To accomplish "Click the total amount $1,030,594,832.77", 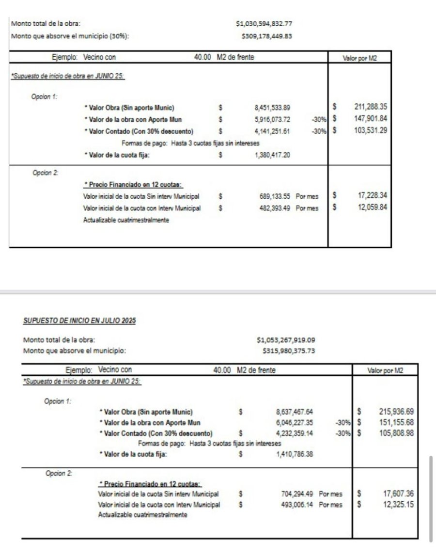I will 264,23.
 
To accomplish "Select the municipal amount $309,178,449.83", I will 267,36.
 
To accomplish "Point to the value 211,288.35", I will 371,107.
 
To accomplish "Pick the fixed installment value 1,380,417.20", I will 273,155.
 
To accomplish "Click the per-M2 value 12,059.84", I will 372,207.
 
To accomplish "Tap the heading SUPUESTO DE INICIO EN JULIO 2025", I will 79,321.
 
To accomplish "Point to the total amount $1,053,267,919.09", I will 286,340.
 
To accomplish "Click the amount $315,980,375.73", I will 289,351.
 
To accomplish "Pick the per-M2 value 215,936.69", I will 396,412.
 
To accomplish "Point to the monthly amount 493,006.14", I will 297,505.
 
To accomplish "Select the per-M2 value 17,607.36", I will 398,494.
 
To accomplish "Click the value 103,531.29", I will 371,130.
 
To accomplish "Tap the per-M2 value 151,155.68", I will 396,423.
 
